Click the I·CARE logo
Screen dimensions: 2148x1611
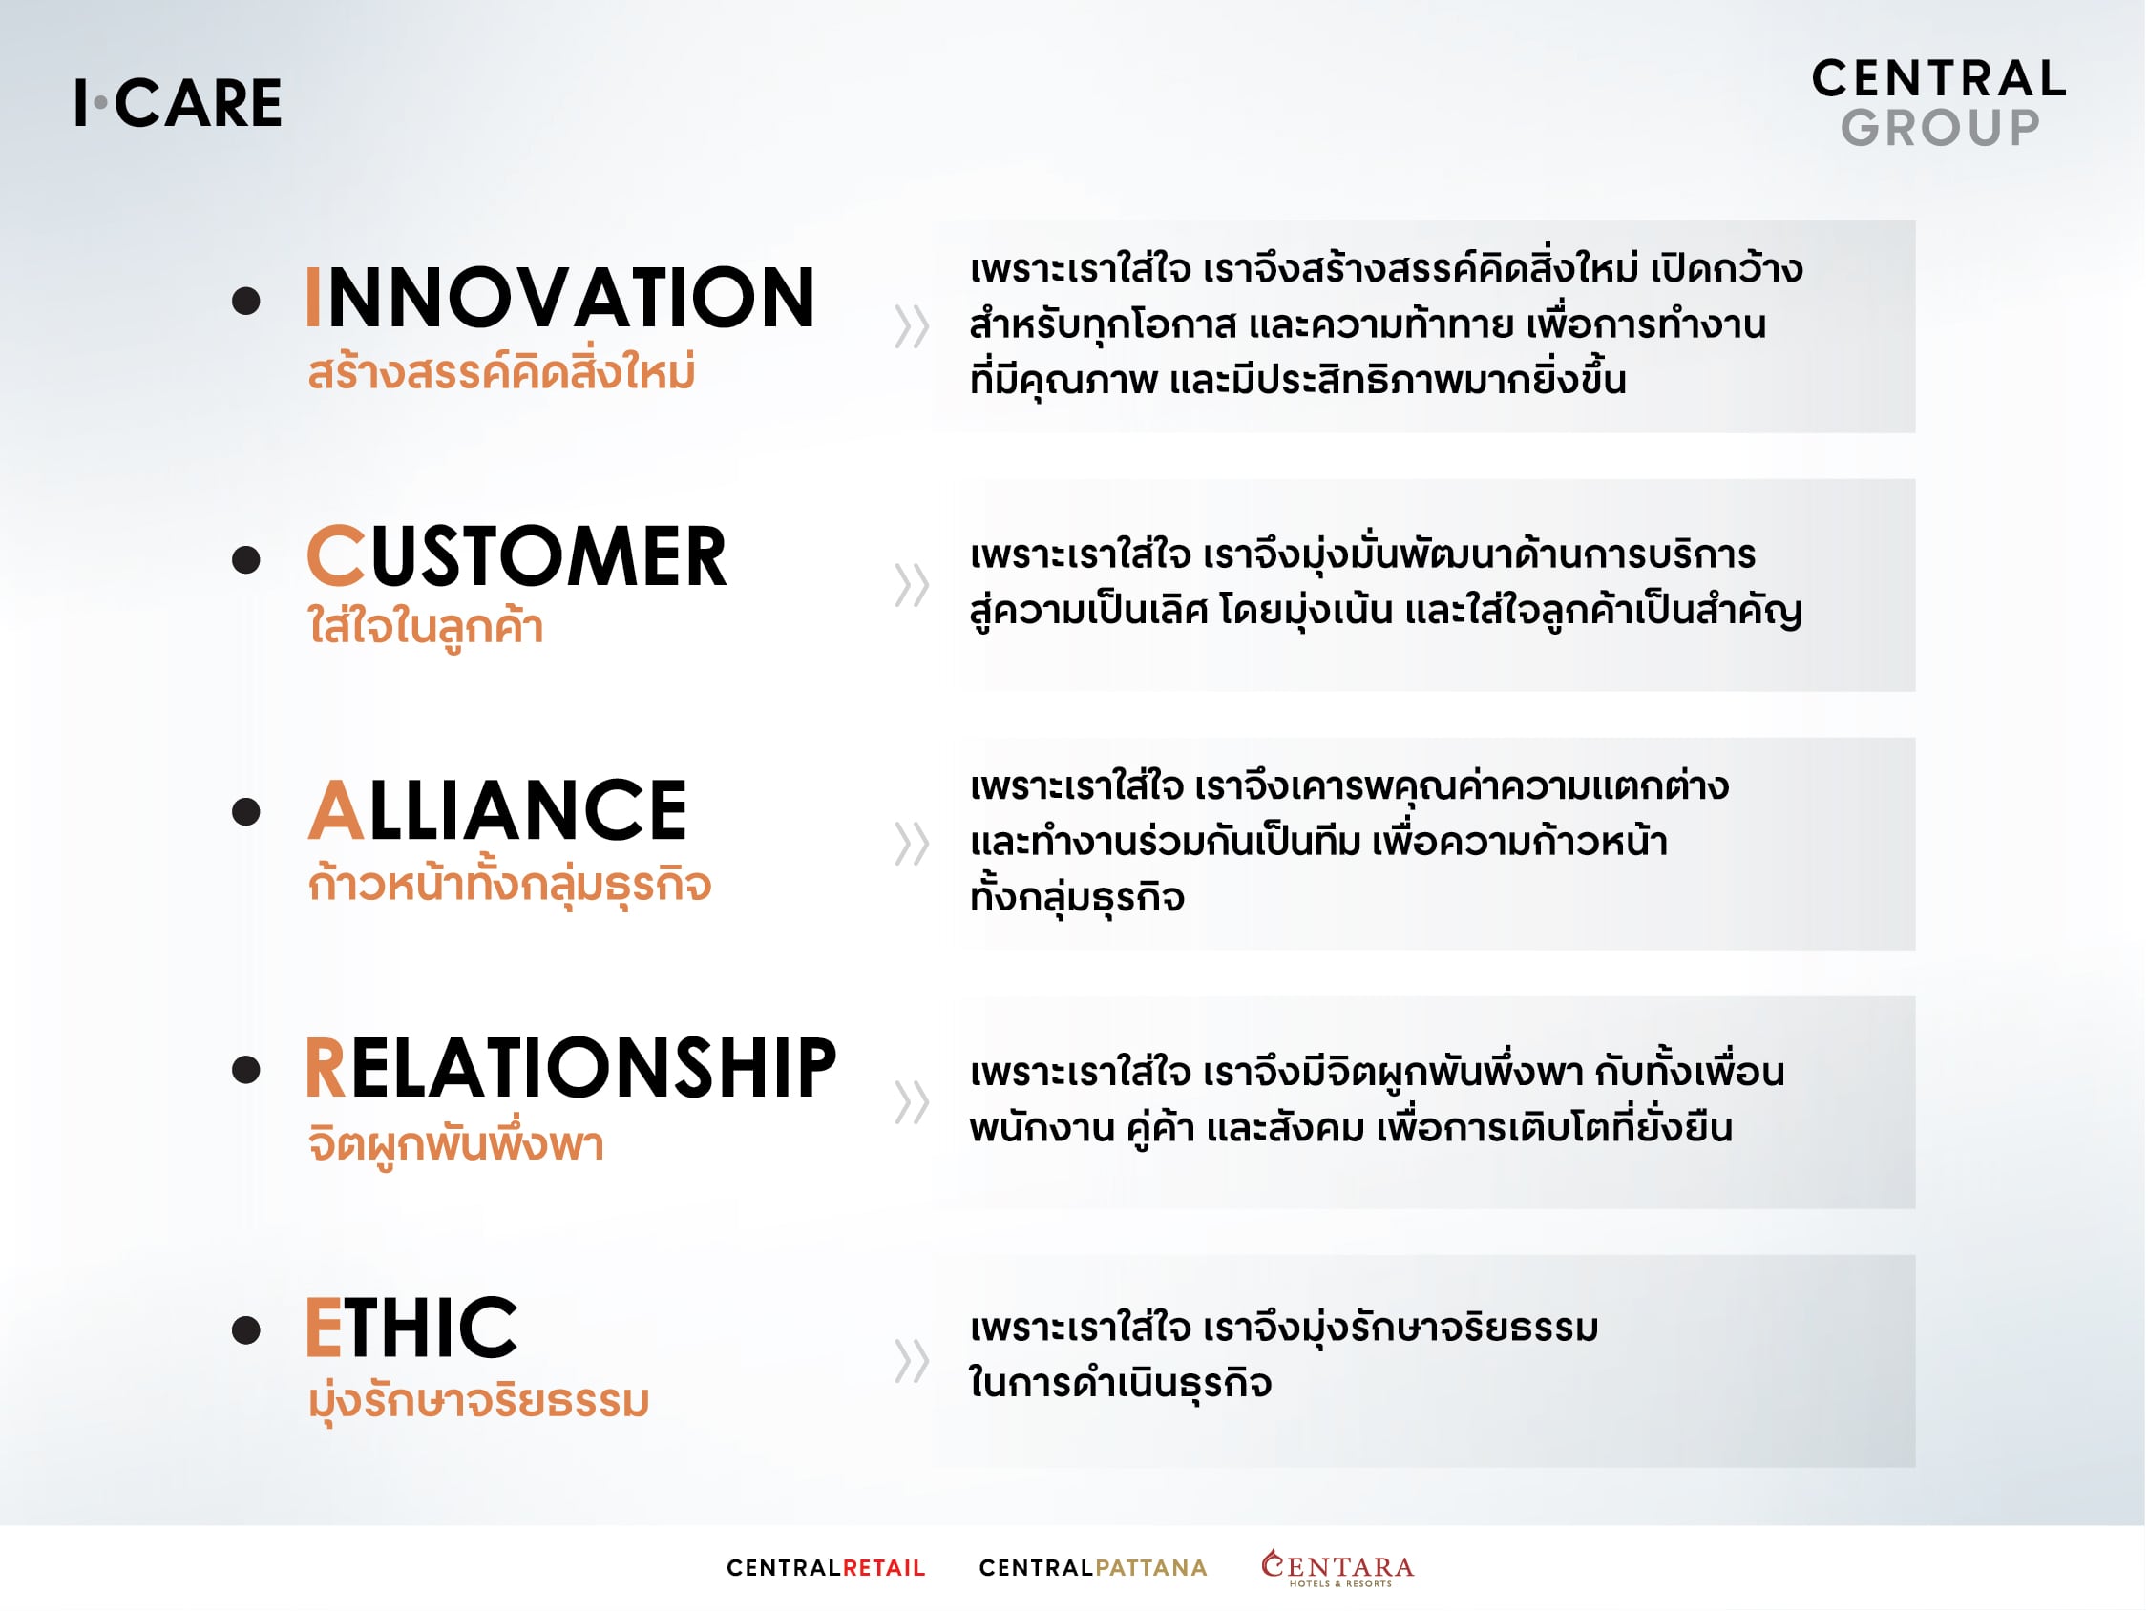tap(179, 103)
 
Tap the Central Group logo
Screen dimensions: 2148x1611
tap(1938, 103)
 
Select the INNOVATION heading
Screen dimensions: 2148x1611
tap(560, 297)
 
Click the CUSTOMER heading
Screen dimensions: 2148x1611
tap(516, 555)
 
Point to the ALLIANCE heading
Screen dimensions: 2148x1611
tap(497, 810)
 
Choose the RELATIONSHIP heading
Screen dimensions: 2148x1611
tap(571, 1068)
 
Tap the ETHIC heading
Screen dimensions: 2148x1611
tap(411, 1327)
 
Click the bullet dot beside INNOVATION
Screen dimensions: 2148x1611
tap(246, 301)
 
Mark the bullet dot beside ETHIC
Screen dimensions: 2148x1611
tap(246, 1330)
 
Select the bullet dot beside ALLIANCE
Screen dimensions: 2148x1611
tap(246, 812)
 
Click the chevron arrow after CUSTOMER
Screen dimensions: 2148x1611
tap(912, 585)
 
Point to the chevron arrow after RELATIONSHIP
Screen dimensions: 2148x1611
tap(912, 1102)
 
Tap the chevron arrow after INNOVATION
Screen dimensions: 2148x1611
tap(912, 326)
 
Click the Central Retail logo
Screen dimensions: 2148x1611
tap(827, 1568)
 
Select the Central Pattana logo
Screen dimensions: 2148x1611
tap(1093, 1568)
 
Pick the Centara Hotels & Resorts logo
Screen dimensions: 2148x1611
tap(1338, 1568)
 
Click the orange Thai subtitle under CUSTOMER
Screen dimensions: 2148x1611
tap(426, 627)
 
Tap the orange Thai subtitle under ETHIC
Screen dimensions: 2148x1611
tap(478, 1402)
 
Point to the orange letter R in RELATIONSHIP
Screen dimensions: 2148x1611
tap(326, 1068)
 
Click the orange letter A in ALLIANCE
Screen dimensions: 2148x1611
tap(336, 810)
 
